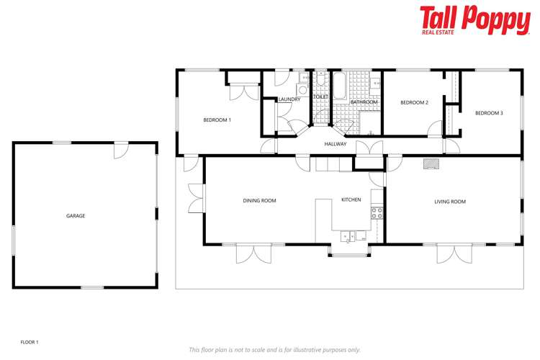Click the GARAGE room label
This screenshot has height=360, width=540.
76,216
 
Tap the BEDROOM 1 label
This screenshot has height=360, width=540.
217,120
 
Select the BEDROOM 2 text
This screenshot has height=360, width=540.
414,103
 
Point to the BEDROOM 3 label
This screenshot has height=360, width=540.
488,113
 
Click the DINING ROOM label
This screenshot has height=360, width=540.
259,201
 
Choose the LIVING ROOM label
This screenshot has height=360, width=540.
449,202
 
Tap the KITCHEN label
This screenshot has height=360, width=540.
351,199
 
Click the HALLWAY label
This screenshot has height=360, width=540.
336,144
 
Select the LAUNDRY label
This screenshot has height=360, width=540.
289,99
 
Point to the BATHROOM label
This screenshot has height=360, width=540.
364,102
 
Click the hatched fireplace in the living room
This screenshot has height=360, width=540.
431,163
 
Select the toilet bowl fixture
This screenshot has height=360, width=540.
320,81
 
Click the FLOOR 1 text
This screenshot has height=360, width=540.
29,342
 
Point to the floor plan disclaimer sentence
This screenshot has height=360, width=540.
274,350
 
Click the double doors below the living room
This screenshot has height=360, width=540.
455,253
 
